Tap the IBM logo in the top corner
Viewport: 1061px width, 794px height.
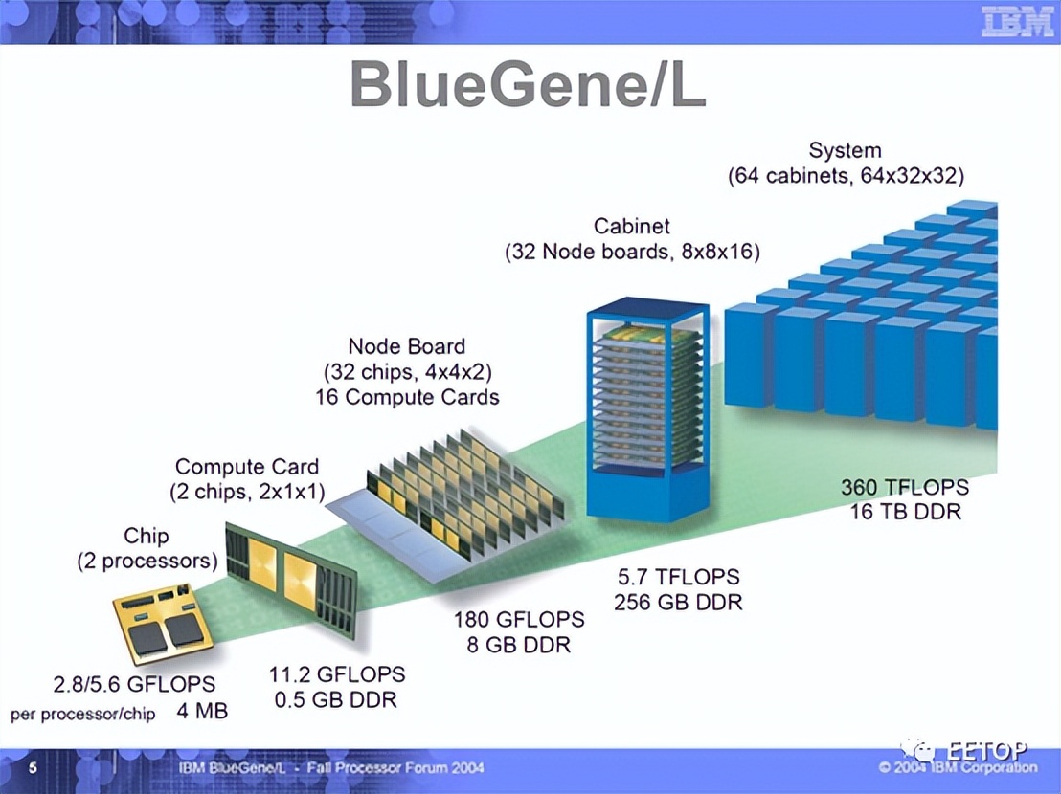(x=1017, y=21)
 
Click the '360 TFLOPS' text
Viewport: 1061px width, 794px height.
(x=905, y=487)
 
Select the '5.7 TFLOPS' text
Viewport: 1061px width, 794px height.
(x=678, y=577)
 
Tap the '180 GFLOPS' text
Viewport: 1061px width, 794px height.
(x=518, y=619)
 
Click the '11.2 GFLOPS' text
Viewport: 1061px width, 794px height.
(x=336, y=674)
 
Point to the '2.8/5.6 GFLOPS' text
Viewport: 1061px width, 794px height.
(x=134, y=685)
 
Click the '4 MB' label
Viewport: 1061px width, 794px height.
(x=202, y=713)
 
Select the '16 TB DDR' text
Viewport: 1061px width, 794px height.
(x=905, y=511)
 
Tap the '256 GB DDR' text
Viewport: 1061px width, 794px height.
(x=678, y=602)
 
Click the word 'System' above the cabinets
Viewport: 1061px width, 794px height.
(x=845, y=150)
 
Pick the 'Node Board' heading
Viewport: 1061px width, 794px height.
(x=406, y=345)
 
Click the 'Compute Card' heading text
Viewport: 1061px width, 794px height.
(x=247, y=467)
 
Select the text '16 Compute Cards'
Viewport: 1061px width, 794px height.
(x=407, y=396)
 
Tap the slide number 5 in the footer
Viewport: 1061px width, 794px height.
(x=34, y=768)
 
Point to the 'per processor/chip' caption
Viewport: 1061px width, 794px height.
(x=83, y=715)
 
